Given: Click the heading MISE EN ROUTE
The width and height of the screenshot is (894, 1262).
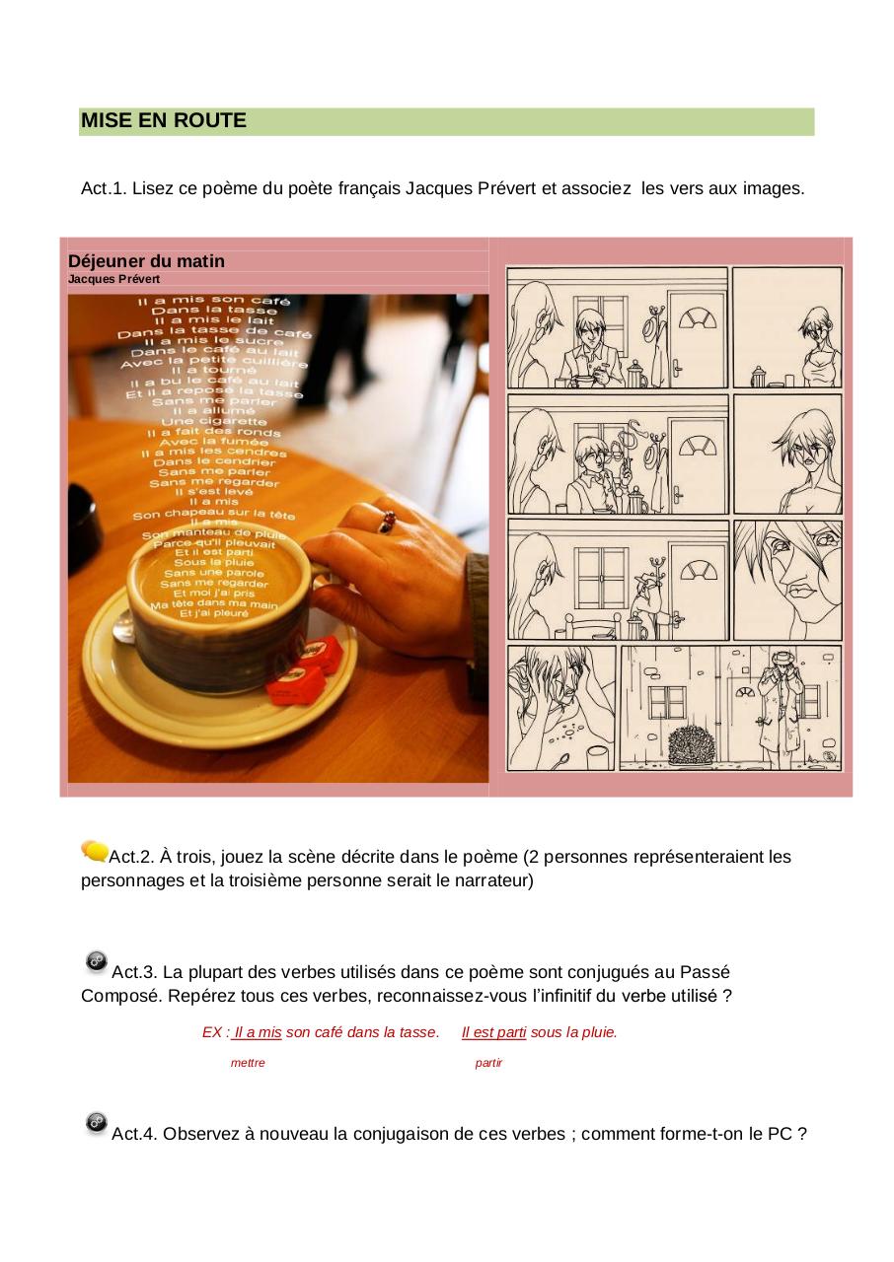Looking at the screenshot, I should tap(164, 121).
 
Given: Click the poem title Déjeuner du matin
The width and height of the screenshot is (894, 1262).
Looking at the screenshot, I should tap(146, 261).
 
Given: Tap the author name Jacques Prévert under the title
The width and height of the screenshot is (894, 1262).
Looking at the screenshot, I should tap(113, 279).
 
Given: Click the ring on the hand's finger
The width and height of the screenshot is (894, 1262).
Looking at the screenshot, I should tap(387, 521).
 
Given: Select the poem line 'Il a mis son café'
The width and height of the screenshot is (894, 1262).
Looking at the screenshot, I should tap(214, 299).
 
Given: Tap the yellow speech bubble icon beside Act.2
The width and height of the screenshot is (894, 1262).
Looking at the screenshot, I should tap(95, 851).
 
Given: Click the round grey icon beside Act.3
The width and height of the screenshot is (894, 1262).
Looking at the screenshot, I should tap(97, 960).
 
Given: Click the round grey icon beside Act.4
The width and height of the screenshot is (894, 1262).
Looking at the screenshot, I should tap(97, 1122).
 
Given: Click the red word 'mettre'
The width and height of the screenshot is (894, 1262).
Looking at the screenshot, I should tap(248, 1063).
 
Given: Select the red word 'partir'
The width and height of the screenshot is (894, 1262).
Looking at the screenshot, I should tap(488, 1063).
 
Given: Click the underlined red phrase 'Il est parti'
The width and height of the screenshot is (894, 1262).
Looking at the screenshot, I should tap(493, 1032).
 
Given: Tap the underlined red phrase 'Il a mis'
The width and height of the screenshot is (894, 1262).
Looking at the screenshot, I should tap(258, 1032).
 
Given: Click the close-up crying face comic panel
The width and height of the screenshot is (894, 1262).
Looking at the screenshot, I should tap(787, 580).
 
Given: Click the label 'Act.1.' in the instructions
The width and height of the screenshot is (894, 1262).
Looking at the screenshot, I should tap(104, 188).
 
